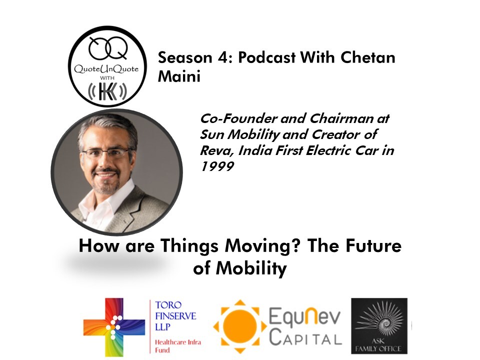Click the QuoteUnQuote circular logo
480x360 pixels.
tap(107, 66)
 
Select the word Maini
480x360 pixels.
tap(179, 76)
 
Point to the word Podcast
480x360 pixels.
tap(266, 57)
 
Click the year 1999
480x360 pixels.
tap(217, 166)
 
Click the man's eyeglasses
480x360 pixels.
tap(107, 152)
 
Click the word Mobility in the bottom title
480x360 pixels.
tap(251, 268)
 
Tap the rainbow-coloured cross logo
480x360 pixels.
tap(114, 326)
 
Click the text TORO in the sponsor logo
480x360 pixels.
tap(168, 305)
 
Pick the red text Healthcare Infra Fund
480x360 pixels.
tap(178, 346)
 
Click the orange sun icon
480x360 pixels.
tap(240, 326)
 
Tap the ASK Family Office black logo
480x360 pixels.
tap(379, 325)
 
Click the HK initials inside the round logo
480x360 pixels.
tap(107, 91)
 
